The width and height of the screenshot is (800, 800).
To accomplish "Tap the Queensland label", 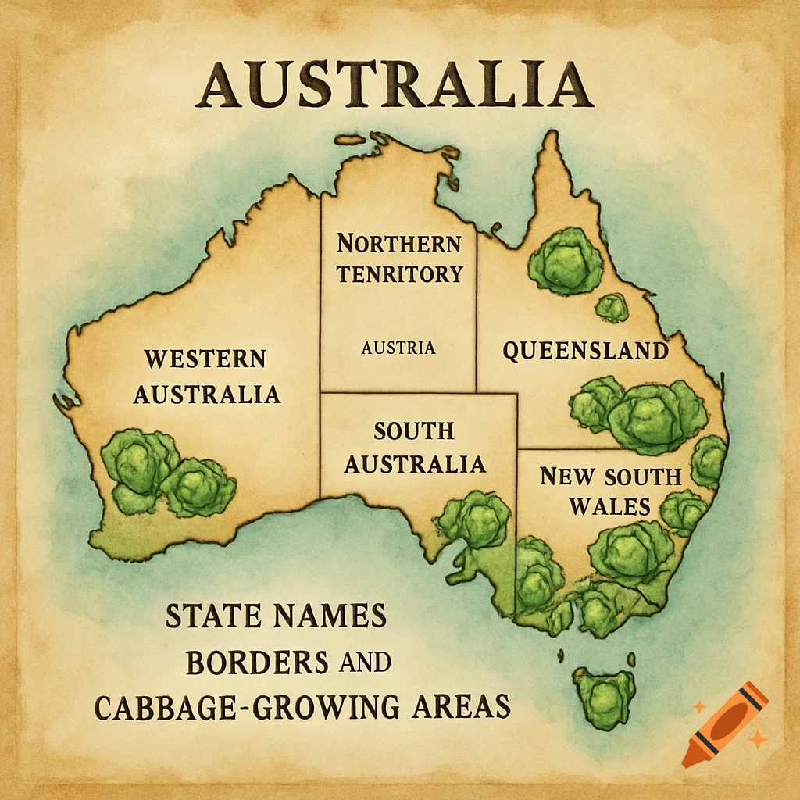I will point(585,351).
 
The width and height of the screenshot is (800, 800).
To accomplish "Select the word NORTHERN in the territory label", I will point(398,244).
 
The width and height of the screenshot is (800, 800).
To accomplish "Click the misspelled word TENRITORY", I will point(401,274).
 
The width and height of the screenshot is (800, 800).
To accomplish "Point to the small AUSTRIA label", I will point(398,348).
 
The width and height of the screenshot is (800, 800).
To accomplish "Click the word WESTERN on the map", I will point(205,359).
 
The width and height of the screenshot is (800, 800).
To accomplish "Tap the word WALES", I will point(609,506).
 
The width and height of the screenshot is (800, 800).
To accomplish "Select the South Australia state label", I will point(415,448).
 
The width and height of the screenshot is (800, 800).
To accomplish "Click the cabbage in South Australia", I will point(476,519).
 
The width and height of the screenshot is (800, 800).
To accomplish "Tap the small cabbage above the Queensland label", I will point(612,308).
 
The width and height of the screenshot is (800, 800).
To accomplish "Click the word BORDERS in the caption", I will point(257,662).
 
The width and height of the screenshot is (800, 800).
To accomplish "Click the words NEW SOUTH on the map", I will point(610,476).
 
